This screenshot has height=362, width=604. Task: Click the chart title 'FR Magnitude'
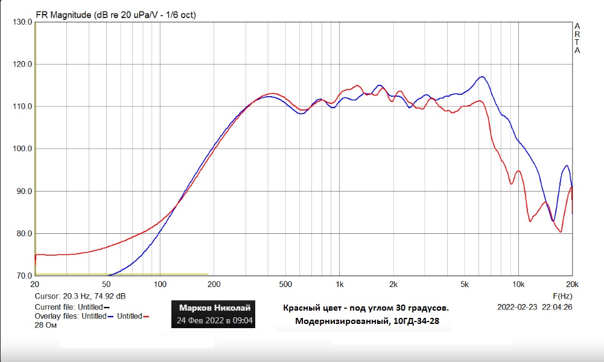pyautogui.click(x=63, y=15)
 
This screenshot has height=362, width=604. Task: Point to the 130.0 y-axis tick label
pyautogui.click(x=21, y=22)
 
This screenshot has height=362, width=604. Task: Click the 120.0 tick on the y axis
pyautogui.click(x=21, y=64)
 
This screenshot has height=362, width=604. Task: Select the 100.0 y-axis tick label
pyautogui.click(x=21, y=149)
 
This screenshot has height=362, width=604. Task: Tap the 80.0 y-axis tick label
pyautogui.click(x=22, y=233)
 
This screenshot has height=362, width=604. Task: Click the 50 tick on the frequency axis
pyautogui.click(x=107, y=284)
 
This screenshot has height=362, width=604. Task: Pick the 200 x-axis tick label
pyautogui.click(x=214, y=284)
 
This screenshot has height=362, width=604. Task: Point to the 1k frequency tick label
pyautogui.click(x=339, y=284)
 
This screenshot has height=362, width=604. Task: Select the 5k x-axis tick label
pyautogui.click(x=465, y=284)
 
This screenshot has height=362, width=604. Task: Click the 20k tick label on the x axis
pyautogui.click(x=571, y=284)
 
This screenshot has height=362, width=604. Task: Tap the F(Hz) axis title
pyautogui.click(x=562, y=296)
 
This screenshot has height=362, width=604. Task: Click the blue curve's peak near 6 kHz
pyautogui.click(x=482, y=77)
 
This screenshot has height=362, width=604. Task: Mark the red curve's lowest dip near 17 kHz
pyautogui.click(x=561, y=231)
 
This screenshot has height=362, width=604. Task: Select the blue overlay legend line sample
pyautogui.click(x=111, y=316)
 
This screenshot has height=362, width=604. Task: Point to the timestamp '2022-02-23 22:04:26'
pyautogui.click(x=535, y=306)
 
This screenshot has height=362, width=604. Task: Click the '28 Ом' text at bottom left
pyautogui.click(x=45, y=325)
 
